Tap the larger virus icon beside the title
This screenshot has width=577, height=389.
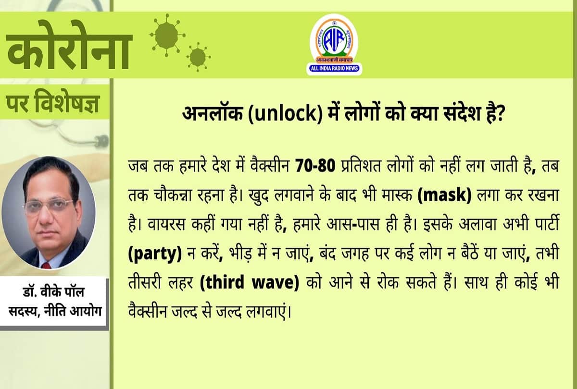(x=165, y=34)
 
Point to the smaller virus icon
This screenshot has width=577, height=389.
(x=197, y=57)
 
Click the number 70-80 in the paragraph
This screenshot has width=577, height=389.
(x=313, y=167)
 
